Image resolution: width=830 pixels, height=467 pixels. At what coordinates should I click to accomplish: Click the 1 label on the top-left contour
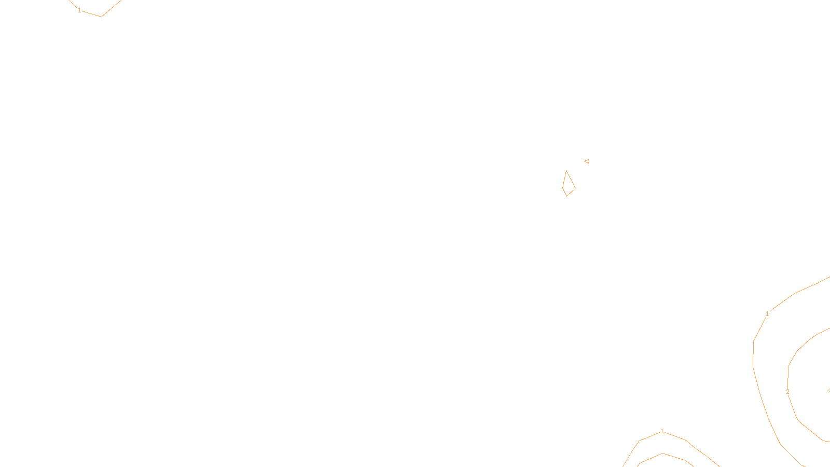coord(79,10)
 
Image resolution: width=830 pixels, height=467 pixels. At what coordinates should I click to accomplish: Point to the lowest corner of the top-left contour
coord(101,17)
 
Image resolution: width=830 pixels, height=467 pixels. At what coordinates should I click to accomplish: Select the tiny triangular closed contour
coord(587,161)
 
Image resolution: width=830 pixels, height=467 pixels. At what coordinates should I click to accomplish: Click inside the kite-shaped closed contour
coord(569,186)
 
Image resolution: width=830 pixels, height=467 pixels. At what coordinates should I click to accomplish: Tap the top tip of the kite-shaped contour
coord(566,171)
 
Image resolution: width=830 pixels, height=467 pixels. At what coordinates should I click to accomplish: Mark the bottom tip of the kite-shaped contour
coord(566,196)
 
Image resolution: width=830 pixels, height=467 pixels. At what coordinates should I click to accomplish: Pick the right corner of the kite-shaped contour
coord(575,188)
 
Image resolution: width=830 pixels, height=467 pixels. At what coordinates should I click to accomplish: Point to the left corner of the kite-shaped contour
coord(563,188)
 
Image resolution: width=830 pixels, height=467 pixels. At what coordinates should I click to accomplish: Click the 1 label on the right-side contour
coord(767,314)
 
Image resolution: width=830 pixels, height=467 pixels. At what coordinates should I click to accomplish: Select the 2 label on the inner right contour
coord(787,392)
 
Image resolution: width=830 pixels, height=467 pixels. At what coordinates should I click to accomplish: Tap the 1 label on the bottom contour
coord(662,431)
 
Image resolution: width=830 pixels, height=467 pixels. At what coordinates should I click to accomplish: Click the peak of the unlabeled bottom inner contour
coord(663,454)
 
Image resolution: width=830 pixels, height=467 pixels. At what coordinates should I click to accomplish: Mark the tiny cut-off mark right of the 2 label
coord(828,390)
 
